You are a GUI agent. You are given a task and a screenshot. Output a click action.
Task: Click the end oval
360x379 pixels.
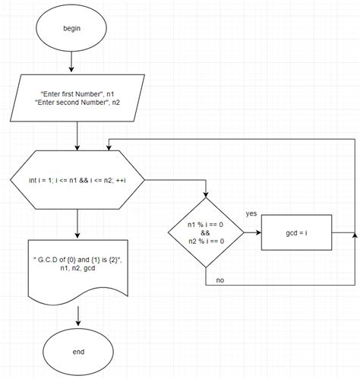(79, 352)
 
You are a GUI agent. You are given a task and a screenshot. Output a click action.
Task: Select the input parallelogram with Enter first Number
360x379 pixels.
(78, 100)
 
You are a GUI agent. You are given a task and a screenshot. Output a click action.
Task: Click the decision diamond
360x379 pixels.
(206, 234)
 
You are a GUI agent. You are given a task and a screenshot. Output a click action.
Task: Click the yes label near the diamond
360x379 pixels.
(251, 215)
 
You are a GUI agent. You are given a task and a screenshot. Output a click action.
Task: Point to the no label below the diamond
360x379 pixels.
(219, 280)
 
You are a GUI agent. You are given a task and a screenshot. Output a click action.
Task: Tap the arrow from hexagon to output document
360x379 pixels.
(78, 223)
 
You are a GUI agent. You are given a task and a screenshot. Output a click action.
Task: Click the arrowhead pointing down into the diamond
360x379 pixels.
(206, 197)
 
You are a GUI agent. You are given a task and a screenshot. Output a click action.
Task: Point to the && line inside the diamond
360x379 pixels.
(206, 234)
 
